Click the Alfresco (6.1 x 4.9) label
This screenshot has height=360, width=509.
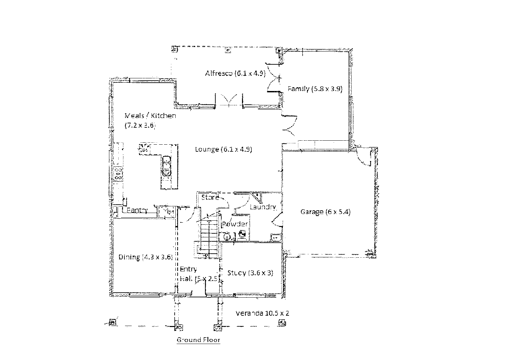pos(235,73)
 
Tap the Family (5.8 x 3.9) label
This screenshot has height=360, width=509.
pos(315,89)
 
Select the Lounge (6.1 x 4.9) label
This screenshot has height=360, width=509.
pos(223,149)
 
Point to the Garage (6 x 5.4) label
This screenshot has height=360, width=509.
pos(325,212)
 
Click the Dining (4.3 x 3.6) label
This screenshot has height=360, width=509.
pos(145,257)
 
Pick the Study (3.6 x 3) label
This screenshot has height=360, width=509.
pos(250,273)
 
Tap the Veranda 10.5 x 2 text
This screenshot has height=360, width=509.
pos(262,313)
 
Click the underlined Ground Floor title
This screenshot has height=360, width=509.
pos(198,340)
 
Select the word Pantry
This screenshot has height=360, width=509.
pos(137,210)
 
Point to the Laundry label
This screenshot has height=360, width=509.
pos(263,207)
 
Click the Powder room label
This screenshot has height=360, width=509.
pos(235,224)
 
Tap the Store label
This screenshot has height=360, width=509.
pos(210,197)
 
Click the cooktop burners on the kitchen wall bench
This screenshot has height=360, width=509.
pos(118,174)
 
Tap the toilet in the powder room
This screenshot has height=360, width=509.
pos(243,234)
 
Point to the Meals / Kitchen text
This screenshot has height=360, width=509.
pos(150,116)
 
